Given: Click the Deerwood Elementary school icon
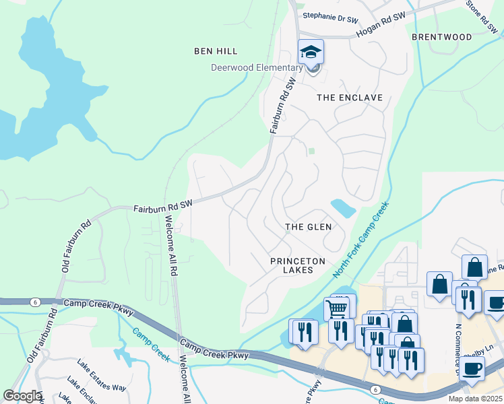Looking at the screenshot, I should point(311,53).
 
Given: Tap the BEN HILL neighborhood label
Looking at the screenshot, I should point(216,51).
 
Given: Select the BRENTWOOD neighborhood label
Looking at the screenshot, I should point(441,37).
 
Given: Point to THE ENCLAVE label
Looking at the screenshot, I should point(350,98).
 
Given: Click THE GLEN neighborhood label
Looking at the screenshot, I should point(309,227).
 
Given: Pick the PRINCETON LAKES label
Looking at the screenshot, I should point(298,265).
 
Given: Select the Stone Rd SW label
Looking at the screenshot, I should point(482,17).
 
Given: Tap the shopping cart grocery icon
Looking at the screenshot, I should point(337,309).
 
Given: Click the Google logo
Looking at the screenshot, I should point(22,396).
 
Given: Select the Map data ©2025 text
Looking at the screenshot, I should point(475,399).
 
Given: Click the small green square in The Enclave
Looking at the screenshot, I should point(311,151).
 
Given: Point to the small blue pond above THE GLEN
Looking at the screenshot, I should point(343,208).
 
